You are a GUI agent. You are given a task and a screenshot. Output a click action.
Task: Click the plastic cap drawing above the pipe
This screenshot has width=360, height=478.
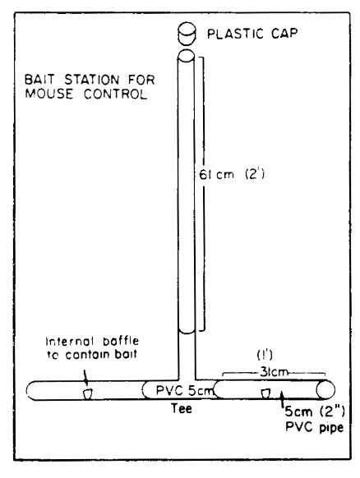point(187,33)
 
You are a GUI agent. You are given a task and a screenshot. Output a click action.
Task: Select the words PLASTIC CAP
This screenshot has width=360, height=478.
point(252,34)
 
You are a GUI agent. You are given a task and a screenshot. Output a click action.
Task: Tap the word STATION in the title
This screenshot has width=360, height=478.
point(92,80)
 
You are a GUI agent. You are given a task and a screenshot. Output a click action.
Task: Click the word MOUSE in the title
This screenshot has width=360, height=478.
point(49,94)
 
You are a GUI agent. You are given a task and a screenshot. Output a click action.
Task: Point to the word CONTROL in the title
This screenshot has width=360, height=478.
point(116,94)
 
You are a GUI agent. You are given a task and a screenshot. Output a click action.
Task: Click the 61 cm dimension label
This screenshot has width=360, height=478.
point(217,175)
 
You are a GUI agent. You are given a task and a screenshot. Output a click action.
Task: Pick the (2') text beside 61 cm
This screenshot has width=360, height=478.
point(255,174)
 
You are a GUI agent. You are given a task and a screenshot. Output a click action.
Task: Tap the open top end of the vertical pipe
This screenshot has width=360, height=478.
point(186,56)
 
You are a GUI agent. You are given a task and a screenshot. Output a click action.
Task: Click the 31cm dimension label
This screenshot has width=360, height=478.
point(274,372)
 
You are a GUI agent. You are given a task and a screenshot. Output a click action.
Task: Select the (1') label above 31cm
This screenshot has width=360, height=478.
point(265,355)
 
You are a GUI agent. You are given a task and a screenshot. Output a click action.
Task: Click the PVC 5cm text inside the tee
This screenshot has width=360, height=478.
point(183,390)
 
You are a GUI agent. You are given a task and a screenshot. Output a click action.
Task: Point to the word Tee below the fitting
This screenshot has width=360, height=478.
point(182,408)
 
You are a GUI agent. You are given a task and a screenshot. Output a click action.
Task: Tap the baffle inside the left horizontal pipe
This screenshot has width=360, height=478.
point(88,393)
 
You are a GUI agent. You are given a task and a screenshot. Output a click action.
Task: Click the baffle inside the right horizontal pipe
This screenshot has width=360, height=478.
point(265,393)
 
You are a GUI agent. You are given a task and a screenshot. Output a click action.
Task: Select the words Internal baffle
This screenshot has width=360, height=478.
point(92,341)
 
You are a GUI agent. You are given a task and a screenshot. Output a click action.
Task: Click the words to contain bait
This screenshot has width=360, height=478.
point(92,355)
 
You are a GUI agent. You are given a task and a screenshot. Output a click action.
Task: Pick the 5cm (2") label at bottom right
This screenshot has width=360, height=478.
point(315,411)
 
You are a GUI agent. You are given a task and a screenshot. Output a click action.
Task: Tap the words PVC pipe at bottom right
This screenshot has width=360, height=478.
point(315,427)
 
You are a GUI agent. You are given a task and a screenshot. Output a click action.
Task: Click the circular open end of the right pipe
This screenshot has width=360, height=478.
point(325,389)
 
